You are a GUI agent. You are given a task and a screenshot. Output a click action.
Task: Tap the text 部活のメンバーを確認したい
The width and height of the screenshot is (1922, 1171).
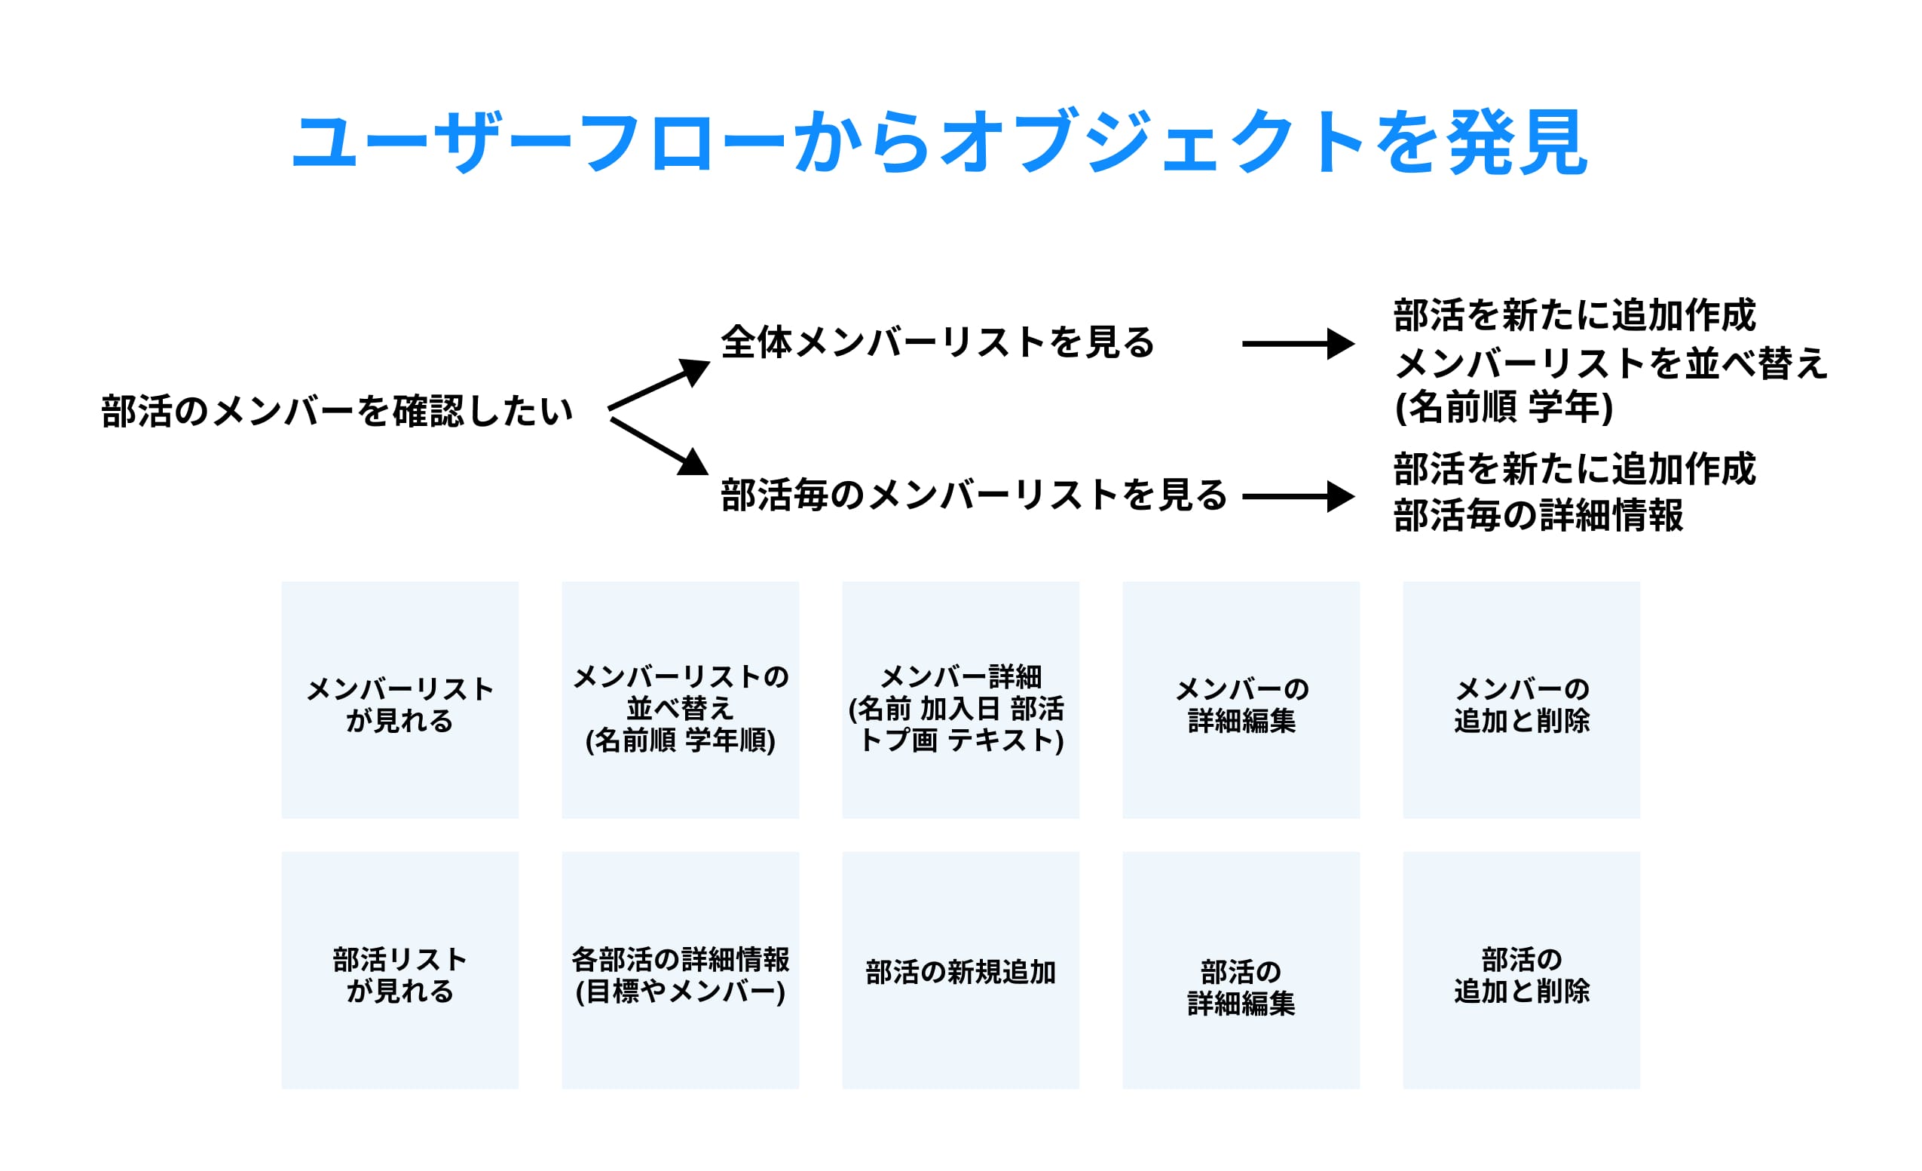pos(336,411)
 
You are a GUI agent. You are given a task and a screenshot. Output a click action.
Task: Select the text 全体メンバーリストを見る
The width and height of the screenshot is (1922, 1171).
pos(937,342)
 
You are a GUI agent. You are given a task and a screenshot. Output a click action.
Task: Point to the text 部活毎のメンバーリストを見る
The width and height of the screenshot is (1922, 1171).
pos(974,495)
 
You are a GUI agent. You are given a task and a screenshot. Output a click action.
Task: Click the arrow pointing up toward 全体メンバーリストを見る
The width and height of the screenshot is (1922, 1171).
pos(659,385)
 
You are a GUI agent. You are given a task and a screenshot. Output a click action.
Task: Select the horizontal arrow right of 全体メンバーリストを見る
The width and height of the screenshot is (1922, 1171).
pos(1297,343)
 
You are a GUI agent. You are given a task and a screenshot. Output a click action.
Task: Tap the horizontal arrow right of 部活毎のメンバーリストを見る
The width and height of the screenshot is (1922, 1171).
pos(1297,496)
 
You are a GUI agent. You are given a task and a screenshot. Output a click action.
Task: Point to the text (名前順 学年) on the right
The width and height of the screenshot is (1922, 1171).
pos(1503,407)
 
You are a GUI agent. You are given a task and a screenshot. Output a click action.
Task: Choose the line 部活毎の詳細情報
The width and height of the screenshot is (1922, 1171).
pos(1538,516)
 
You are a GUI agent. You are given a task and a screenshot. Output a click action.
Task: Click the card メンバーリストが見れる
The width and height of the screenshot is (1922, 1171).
pos(399,700)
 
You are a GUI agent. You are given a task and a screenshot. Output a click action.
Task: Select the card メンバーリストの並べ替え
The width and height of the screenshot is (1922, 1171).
pos(680,700)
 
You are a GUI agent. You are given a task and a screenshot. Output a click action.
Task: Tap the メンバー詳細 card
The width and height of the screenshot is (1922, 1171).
pos(960,700)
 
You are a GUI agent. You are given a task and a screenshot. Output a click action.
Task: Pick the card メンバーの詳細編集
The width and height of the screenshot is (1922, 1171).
pos(1241,700)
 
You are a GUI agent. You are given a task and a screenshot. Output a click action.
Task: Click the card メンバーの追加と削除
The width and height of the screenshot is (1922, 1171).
pos(1521,700)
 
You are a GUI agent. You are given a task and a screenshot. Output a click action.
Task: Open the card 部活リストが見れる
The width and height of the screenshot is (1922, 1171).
pos(399,970)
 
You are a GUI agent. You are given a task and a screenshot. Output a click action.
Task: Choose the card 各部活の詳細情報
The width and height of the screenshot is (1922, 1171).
pos(680,970)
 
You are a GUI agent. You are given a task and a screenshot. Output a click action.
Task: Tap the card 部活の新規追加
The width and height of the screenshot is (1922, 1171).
pos(960,970)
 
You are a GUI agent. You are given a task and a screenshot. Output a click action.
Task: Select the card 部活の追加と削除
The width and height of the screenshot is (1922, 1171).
pos(1521,970)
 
